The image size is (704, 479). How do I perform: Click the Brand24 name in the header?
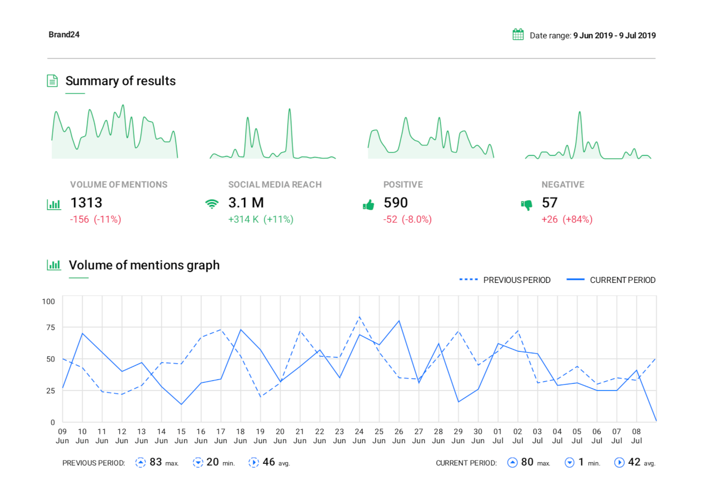64,35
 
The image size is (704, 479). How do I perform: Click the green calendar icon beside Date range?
518,35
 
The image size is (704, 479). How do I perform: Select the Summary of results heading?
120,81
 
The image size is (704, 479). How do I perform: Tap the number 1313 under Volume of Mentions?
86,203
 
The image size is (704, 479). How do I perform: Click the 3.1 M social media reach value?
246,203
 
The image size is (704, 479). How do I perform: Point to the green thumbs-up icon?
368,205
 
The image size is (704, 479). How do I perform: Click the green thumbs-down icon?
526,205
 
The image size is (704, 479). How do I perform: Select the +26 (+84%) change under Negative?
567,219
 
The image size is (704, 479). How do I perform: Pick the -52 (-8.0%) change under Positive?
408,219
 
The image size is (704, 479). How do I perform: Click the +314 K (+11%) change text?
260,219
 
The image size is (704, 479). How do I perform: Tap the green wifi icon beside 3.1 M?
212,204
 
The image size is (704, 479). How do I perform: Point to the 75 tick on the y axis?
50,327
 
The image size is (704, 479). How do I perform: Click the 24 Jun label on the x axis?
359,436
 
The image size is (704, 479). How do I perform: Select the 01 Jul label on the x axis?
498,436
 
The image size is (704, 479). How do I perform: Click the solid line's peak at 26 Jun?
399,321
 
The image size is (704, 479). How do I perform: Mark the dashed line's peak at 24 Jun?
359,317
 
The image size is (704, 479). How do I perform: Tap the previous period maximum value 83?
156,462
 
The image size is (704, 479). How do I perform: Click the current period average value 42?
635,462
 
